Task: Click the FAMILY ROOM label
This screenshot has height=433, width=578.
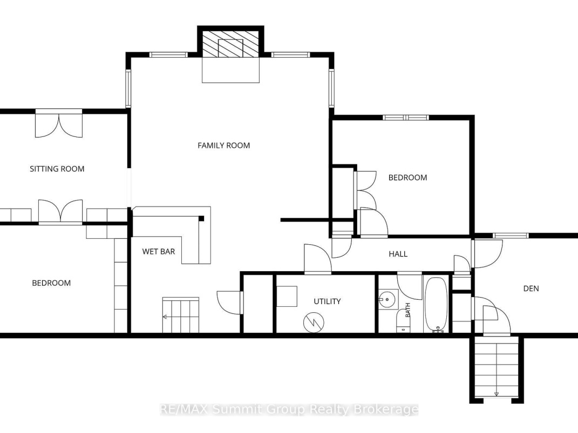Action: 224,146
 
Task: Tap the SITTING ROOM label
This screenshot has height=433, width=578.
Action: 57,169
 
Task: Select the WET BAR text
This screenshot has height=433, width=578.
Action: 159,251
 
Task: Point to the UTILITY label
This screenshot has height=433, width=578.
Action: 327,301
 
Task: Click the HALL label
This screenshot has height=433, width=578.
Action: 398,254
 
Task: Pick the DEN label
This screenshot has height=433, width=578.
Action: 531,288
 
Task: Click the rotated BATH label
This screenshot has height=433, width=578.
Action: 408,310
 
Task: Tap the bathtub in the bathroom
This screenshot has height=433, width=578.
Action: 436,305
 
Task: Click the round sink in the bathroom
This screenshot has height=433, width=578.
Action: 387,299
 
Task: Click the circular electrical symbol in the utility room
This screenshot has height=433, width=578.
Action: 314,323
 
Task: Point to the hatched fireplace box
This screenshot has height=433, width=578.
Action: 231,44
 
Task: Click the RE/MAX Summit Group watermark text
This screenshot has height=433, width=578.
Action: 289,409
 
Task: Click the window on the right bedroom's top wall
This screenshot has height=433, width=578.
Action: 405,118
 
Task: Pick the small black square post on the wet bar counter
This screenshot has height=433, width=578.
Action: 201,218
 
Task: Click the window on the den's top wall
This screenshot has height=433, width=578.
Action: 511,236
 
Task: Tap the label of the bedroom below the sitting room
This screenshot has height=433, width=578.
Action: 51,283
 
